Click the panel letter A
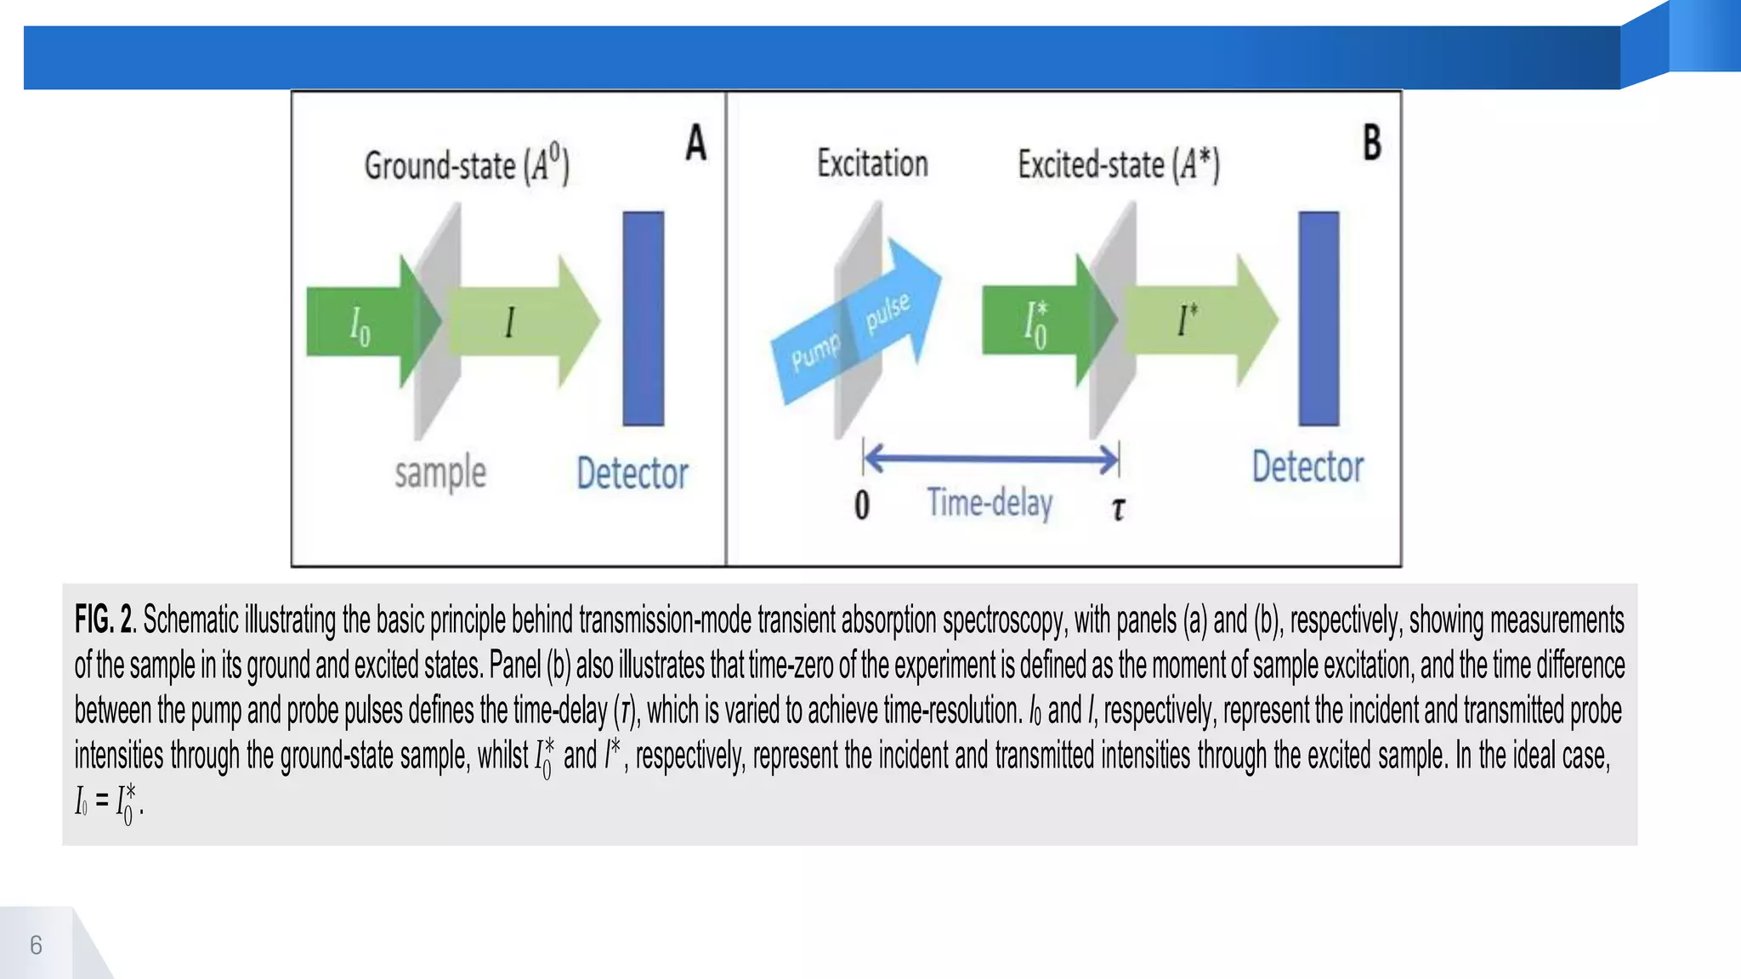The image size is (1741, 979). click(x=696, y=142)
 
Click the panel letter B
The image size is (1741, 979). click(x=1372, y=142)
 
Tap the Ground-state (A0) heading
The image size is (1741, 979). click(x=467, y=164)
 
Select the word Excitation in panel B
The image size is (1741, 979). click(x=872, y=163)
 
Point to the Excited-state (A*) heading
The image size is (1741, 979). click(x=1119, y=164)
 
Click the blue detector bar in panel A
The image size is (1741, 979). click(x=644, y=319)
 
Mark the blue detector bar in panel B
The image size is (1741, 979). click(x=1319, y=319)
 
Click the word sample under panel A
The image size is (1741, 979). click(x=440, y=473)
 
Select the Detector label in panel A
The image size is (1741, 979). click(x=632, y=473)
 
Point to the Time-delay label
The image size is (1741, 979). click(x=990, y=502)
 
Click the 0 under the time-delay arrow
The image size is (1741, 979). click(x=862, y=505)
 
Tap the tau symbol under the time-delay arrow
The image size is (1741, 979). click(x=1118, y=508)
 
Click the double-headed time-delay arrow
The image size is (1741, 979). click(x=991, y=460)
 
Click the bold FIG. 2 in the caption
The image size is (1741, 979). click(x=104, y=620)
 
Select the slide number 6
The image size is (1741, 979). click(x=36, y=945)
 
